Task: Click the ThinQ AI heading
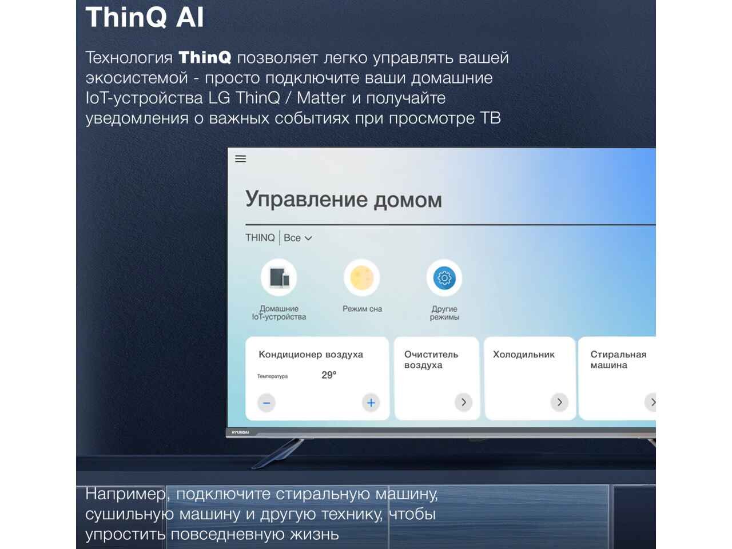[145, 17]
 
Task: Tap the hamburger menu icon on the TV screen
[240, 158]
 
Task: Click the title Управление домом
[344, 200]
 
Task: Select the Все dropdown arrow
[308, 238]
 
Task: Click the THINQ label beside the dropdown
[260, 238]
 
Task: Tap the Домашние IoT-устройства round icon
[279, 278]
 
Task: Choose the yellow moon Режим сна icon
[362, 278]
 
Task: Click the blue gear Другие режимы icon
[444, 278]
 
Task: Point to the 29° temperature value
[329, 375]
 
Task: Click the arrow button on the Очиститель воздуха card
[464, 403]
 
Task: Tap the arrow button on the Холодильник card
[559, 403]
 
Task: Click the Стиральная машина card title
[618, 360]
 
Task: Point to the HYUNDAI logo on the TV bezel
[240, 432]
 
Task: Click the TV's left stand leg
[277, 453]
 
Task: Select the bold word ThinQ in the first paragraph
[205, 57]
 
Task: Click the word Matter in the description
[321, 98]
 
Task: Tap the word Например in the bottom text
[125, 494]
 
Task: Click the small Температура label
[272, 376]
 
